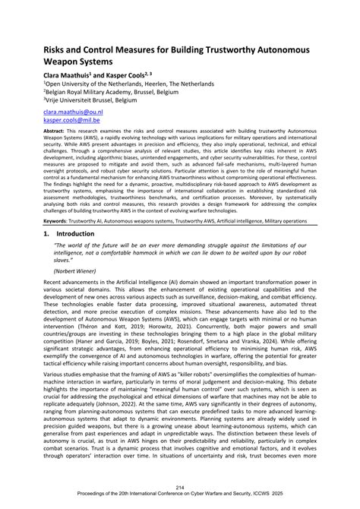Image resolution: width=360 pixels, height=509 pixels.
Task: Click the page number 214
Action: pyautogui.click(x=179, y=487)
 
